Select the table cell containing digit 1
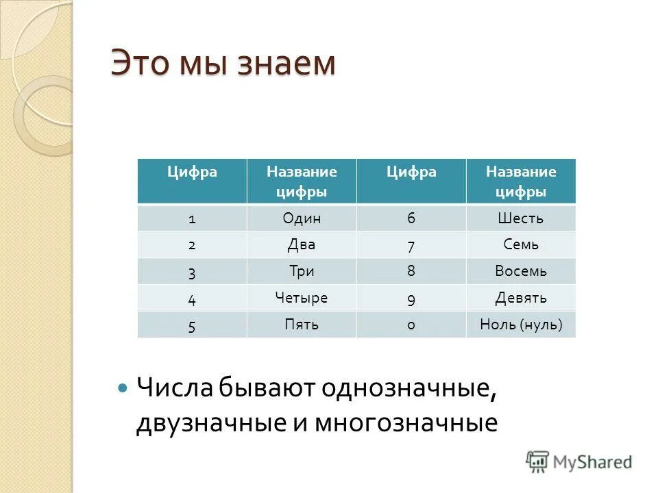[x=192, y=219]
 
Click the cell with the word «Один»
[x=302, y=218]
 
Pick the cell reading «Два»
[x=302, y=244]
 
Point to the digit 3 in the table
[x=192, y=272]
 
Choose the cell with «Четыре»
[x=302, y=298]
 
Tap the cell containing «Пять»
[x=302, y=325]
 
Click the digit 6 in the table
[x=411, y=218]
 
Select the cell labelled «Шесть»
[x=521, y=218]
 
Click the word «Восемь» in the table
[x=521, y=271]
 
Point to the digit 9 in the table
[x=411, y=299]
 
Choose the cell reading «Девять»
[x=521, y=298]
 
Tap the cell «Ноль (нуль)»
[x=521, y=325]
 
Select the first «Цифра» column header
[x=192, y=173]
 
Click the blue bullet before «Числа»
[x=123, y=388]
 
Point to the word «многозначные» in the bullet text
[x=406, y=423]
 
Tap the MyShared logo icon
[x=538, y=461]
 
